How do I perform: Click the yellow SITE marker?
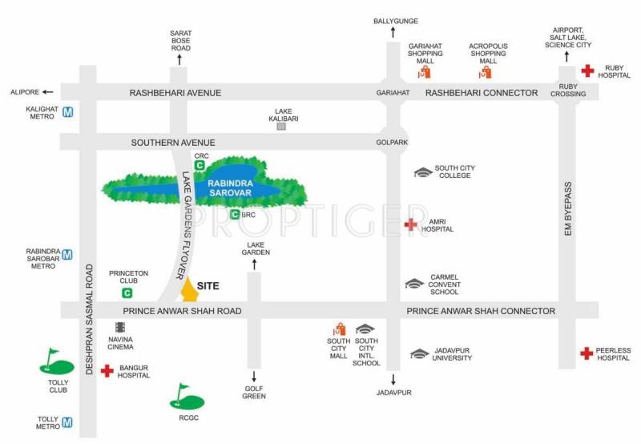pyautogui.click(x=189, y=290)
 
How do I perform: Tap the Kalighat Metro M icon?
pyautogui.click(x=68, y=112)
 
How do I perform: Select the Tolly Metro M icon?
pyautogui.click(x=67, y=422)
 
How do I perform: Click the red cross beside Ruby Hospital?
pyautogui.click(x=587, y=71)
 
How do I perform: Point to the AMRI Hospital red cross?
pyautogui.click(x=410, y=224)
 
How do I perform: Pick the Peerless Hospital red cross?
pyautogui.click(x=587, y=353)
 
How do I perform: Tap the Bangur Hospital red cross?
pyautogui.click(x=107, y=370)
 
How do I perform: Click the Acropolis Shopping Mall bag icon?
pyautogui.click(x=486, y=72)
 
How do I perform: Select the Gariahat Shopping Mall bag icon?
pyautogui.click(x=425, y=72)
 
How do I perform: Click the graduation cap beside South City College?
pyautogui.click(x=423, y=172)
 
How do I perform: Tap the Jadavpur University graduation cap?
pyautogui.click(x=419, y=353)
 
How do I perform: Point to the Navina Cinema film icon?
pyautogui.click(x=119, y=327)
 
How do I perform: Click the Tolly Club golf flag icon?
pyautogui.click(x=57, y=361)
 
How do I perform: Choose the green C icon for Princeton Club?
pyautogui.click(x=127, y=293)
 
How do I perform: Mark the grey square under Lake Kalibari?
pyautogui.click(x=281, y=127)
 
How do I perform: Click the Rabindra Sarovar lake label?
pyautogui.click(x=230, y=188)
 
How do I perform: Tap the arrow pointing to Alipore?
pyautogui.click(x=48, y=92)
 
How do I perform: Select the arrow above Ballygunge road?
pyautogui.click(x=393, y=32)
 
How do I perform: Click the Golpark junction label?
pyautogui.click(x=392, y=143)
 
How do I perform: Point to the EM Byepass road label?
pyautogui.click(x=568, y=208)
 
